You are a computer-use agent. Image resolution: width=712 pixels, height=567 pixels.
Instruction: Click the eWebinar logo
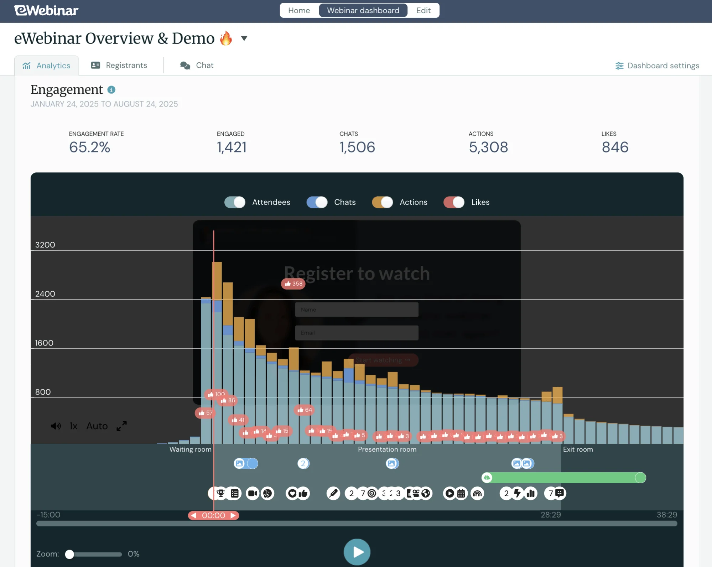coord(46,11)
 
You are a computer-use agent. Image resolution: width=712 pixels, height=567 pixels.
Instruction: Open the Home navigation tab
coord(299,11)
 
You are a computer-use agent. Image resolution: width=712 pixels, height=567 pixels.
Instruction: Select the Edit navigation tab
coord(423,11)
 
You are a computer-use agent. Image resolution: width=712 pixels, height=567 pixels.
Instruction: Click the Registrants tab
coord(119,66)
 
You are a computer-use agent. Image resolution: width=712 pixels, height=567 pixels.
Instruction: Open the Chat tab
coord(197,66)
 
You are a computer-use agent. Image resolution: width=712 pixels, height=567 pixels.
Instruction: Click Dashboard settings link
coord(657,66)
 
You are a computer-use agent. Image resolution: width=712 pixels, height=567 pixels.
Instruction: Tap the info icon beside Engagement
coord(111,90)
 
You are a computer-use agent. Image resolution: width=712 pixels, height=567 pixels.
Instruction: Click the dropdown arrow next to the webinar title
coord(244,38)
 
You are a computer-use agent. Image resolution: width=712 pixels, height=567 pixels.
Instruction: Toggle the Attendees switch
coord(235,202)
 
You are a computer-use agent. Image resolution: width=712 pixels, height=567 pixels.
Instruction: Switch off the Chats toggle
coord(317,202)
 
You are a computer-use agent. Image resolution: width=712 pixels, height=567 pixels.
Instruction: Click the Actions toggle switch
coord(382,202)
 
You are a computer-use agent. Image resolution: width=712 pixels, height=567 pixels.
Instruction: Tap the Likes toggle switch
coord(454,202)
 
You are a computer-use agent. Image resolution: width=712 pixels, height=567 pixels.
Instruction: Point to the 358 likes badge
coord(293,284)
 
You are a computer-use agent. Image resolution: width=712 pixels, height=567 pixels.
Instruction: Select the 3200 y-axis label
coord(45,245)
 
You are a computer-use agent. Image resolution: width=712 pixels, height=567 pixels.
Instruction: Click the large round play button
coord(357,552)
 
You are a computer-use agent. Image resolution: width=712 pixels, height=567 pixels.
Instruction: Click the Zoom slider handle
coord(70,554)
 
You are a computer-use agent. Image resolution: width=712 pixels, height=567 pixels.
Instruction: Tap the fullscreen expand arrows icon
coord(121,426)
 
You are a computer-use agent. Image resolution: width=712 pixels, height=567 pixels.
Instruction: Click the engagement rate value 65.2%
coord(90,147)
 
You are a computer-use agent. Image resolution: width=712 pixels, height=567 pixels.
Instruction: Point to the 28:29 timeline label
coord(551,515)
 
